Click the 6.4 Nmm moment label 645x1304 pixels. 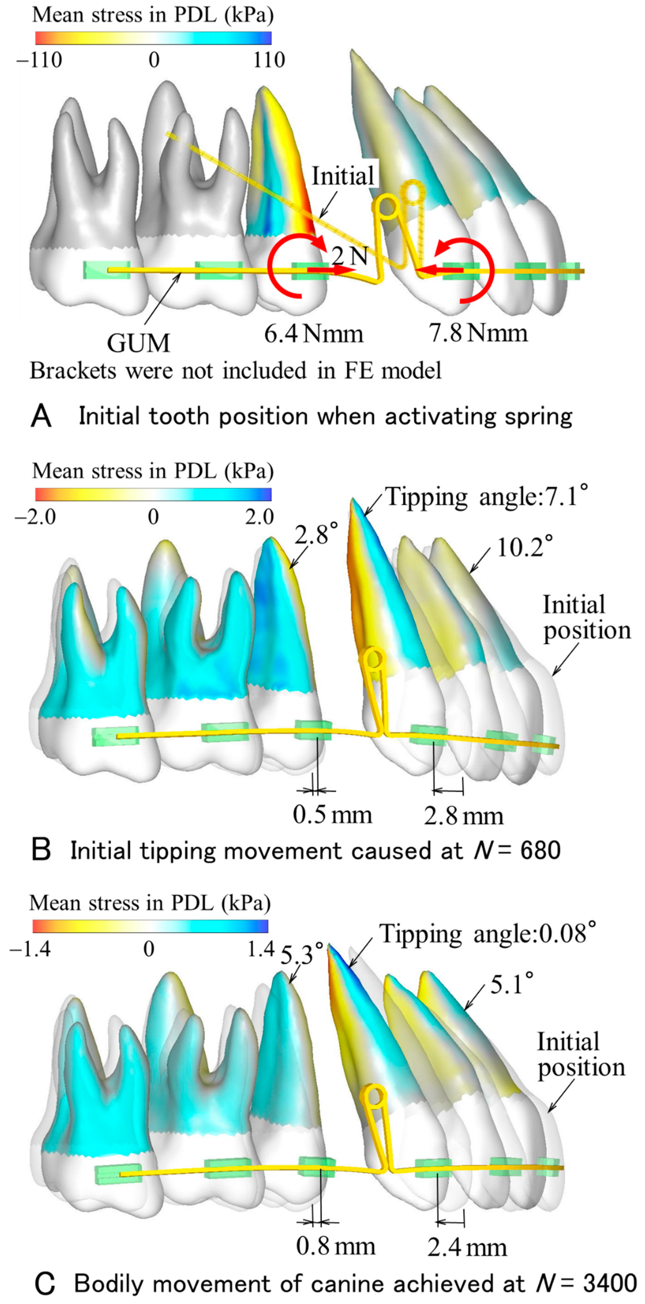pos(314,334)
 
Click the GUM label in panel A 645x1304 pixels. pos(138,343)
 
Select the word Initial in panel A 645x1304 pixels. pos(342,176)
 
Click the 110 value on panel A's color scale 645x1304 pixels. pos(269,60)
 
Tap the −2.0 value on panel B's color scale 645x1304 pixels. pos(35,517)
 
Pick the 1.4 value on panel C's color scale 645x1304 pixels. pos(262,948)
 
